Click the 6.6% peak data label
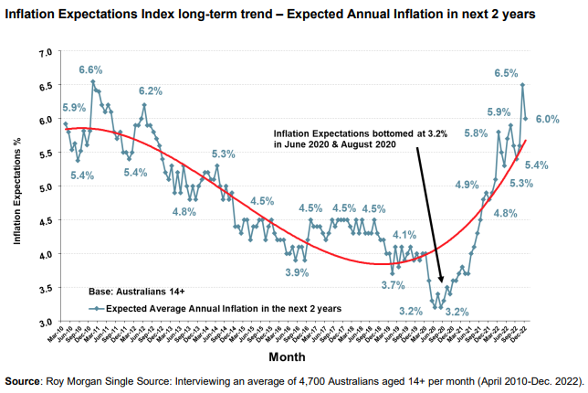coord(90,69)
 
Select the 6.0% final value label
coord(548,119)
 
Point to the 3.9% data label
coord(297,272)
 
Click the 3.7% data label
coord(393,285)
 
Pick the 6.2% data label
coord(151,90)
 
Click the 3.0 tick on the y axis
coord(45,322)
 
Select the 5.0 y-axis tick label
coord(45,187)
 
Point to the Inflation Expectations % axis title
coord(17,187)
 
